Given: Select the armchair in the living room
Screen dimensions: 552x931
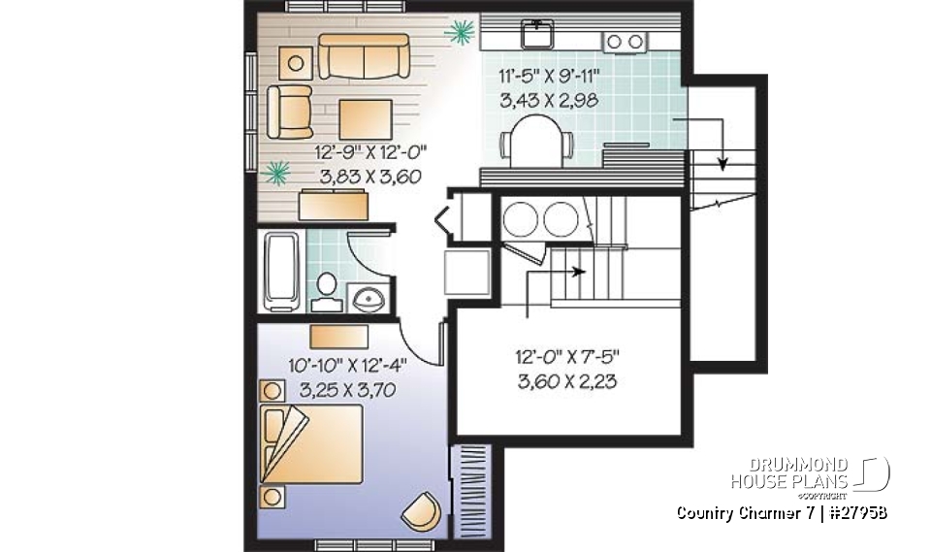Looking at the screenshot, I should (290, 111).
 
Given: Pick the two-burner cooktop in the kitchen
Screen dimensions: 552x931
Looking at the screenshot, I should (625, 41).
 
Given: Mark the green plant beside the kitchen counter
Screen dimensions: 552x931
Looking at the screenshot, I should (459, 33).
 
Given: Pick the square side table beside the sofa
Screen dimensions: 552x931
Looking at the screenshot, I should (296, 64).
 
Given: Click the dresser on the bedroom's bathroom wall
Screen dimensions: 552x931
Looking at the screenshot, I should (338, 336).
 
